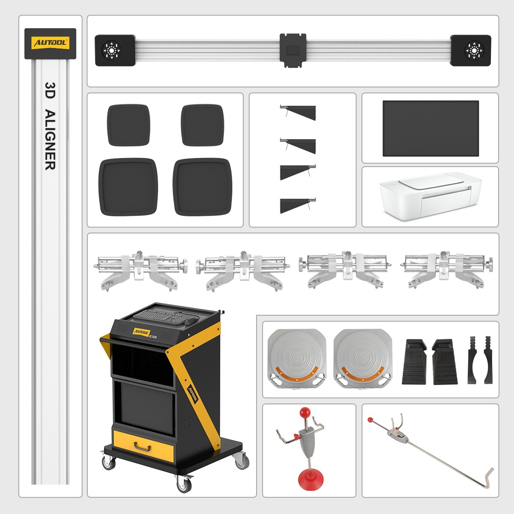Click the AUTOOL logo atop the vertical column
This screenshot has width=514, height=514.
coord(50,43)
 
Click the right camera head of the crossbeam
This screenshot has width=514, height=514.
coord(471,51)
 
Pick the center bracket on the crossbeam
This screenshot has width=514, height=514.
coord(293,50)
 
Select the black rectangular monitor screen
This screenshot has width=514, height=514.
coord(430,128)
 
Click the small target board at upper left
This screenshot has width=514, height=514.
coord(128,125)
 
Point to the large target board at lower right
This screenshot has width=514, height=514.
coord(203,187)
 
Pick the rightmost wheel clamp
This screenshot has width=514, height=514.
coord(446,270)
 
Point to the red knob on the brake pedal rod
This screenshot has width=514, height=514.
coord(370,420)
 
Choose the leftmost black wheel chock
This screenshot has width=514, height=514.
coord(415,362)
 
